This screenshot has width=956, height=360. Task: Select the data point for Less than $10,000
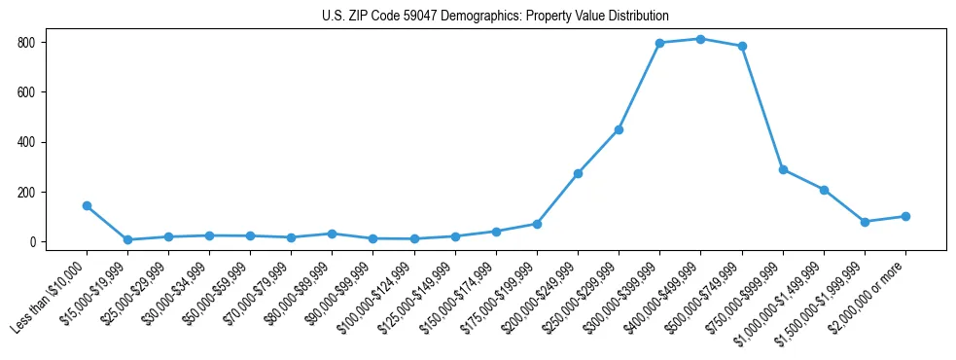click(87, 205)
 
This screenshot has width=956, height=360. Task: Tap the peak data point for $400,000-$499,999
click(700, 39)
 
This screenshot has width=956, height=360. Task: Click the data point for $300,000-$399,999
click(659, 43)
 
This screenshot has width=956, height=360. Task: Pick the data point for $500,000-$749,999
click(742, 46)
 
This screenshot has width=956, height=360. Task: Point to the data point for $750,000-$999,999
click(783, 169)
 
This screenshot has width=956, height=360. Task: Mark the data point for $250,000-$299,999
click(619, 129)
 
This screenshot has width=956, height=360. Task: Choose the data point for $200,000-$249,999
click(578, 173)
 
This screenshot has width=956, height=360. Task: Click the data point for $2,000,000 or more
click(905, 216)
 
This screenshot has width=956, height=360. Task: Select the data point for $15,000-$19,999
click(127, 239)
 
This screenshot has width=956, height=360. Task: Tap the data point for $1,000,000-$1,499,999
click(824, 190)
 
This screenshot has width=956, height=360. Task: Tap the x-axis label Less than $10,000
click(52, 297)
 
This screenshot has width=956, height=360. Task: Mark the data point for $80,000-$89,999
click(333, 234)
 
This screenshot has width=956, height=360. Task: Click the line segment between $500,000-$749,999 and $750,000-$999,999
click(762, 107)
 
